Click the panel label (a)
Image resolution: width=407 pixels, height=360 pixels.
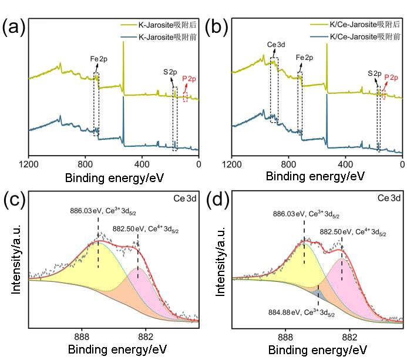(x=13, y=28)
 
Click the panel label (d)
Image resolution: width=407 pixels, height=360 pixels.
(x=219, y=200)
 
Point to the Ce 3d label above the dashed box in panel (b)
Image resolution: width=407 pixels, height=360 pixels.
(x=276, y=45)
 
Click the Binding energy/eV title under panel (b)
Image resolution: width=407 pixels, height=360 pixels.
(x=315, y=176)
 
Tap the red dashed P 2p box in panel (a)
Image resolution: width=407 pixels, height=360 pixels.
(x=186, y=97)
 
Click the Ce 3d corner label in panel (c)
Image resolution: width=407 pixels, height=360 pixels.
(x=187, y=199)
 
